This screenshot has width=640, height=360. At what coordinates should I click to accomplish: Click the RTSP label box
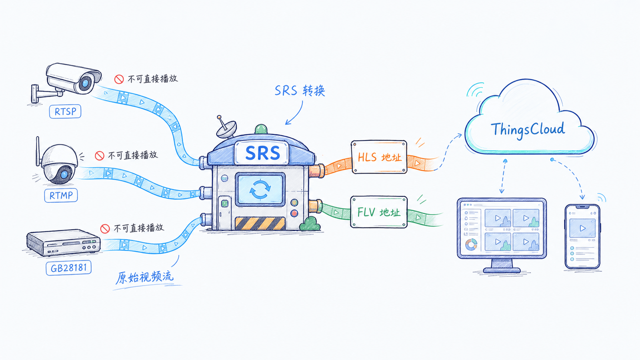click(65, 112)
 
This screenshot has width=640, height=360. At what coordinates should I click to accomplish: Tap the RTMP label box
click(61, 196)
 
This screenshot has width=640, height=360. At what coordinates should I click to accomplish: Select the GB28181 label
click(68, 268)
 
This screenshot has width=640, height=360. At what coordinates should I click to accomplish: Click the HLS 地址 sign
click(379, 157)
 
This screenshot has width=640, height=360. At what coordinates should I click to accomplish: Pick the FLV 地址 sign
click(379, 212)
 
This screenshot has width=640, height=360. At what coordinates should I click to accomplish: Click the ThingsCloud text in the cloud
click(528, 130)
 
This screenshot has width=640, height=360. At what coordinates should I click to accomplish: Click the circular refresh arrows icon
click(260, 189)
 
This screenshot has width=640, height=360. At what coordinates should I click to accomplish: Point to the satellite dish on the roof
click(226, 128)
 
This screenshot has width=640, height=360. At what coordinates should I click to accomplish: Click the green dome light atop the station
click(261, 129)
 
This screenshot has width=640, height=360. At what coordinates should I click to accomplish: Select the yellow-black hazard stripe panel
click(260, 224)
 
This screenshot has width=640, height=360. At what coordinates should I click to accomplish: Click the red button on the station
click(294, 213)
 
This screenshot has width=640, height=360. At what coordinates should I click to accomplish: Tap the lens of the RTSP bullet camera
click(85, 84)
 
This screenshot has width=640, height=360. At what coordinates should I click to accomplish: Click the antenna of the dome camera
click(38, 152)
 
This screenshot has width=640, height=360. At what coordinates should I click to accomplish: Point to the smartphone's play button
click(582, 228)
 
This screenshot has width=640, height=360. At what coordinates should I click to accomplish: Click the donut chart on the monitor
click(471, 244)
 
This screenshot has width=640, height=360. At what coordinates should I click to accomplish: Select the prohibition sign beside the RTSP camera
click(119, 79)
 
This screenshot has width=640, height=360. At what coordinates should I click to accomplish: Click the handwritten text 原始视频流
click(144, 277)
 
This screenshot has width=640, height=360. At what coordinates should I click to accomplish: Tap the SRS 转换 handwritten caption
click(300, 90)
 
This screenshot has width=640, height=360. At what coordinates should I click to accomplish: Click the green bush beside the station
click(310, 224)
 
